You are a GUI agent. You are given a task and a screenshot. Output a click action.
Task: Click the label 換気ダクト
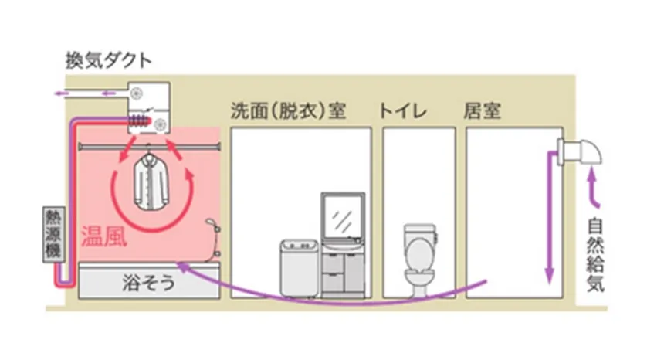click(x=109, y=59)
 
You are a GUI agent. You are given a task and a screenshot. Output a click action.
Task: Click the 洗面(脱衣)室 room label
click(x=287, y=110)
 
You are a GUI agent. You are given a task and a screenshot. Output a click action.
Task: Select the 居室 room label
click(x=483, y=110)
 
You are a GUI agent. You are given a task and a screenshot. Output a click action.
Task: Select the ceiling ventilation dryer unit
click(x=149, y=108)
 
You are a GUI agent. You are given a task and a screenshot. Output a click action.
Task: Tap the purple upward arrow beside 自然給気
click(x=594, y=189)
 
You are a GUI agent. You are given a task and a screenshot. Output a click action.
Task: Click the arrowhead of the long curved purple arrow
click(x=181, y=265)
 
